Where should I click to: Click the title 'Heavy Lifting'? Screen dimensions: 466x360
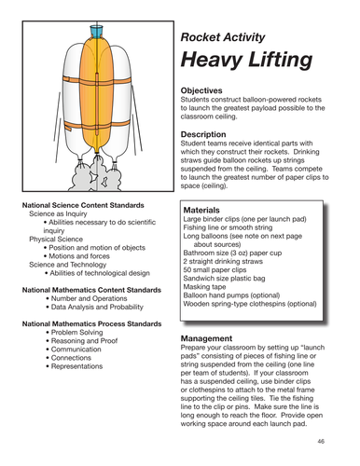point(246,61)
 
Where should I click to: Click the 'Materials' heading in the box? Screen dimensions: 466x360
point(206,211)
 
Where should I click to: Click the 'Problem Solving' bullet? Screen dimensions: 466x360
point(84,332)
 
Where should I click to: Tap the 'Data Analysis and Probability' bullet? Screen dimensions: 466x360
point(95,306)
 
